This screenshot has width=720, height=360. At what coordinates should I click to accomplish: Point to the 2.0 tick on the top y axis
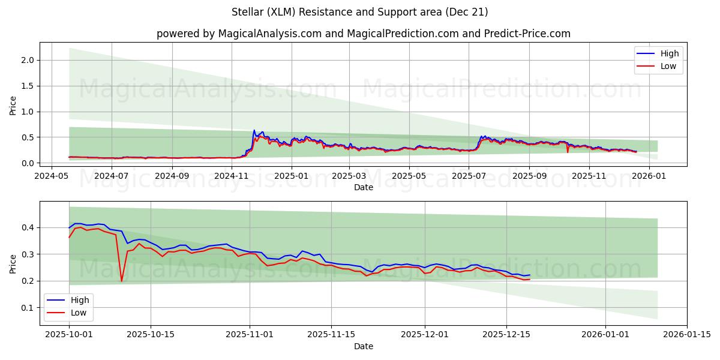point(28,60)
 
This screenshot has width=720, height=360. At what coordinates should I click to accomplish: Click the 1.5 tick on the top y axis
point(28,86)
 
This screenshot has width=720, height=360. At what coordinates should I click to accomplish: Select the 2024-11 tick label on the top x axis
point(231,176)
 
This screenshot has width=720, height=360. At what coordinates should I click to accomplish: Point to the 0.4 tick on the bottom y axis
point(28,227)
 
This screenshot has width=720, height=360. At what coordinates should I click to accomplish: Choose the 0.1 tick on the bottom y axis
point(28,308)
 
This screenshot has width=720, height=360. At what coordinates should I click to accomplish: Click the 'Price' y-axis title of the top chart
point(13,105)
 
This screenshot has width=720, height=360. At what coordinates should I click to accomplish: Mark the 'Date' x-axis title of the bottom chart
point(363,346)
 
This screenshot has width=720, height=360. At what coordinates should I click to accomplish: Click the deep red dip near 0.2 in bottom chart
point(122,280)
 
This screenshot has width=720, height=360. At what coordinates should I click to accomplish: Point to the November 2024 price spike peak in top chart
point(254,130)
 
